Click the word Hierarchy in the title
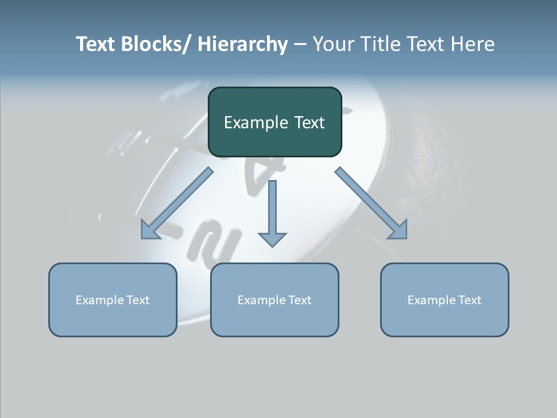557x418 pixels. (242, 44)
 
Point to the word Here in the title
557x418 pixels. (473, 44)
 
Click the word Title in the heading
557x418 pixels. (384, 44)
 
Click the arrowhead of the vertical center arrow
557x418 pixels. (272, 239)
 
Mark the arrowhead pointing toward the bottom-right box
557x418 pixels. (399, 230)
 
